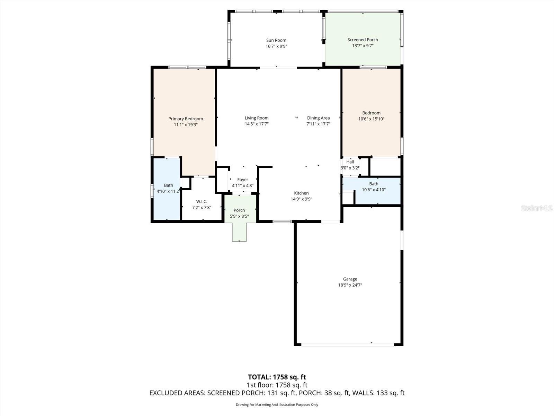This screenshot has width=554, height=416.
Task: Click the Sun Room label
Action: pos(276,40)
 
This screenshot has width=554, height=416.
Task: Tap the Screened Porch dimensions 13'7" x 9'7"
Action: pos(363,46)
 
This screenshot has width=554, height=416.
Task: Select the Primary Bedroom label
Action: pos(186,119)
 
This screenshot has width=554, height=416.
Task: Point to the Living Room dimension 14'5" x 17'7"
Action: pos(257,124)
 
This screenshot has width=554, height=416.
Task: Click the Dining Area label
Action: pos(318,118)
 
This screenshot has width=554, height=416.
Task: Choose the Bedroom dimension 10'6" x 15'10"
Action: pos(371,119)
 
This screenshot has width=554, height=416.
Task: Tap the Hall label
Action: pos(350,162)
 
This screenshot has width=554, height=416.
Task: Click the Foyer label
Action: pos(242,180)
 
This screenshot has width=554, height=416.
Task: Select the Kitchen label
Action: pos(301,193)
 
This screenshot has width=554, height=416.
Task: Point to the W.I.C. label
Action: pos(202,201)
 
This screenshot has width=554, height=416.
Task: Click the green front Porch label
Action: pos(239,210)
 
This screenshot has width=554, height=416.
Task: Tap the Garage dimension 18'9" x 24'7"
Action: pos(350,285)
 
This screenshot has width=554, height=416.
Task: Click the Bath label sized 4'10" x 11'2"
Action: pos(168,185)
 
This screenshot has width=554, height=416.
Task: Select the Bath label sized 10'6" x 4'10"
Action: pos(374,184)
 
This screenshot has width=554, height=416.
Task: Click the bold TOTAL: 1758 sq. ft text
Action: pos(277,377)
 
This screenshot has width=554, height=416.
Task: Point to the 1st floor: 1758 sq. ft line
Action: pos(277,385)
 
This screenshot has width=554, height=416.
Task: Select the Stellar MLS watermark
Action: pos(536,208)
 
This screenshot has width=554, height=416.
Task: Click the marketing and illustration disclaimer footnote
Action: pos(277,405)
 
